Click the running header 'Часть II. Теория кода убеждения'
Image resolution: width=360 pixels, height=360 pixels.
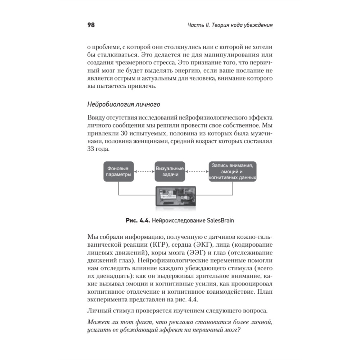point(230,26)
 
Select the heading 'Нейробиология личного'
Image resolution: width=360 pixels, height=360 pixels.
point(123,105)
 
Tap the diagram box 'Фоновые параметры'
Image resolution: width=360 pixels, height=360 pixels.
point(119,171)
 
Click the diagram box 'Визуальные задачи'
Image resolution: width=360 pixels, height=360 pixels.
point(170,171)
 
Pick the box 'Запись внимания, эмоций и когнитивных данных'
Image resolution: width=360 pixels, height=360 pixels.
point(232,171)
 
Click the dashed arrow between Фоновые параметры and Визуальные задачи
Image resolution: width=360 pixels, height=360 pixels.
point(144,171)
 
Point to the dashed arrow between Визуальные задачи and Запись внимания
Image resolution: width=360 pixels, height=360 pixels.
point(197,171)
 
